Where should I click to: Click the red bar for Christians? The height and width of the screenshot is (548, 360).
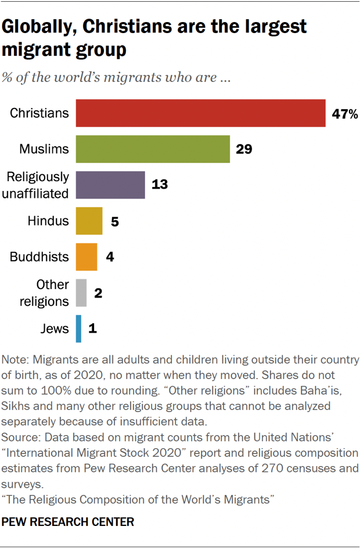pos(200,113)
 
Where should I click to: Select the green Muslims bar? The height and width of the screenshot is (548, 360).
pos(153,149)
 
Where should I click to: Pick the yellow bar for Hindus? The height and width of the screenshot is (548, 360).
pos(89,221)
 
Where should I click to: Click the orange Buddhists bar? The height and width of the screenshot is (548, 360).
pos(87,257)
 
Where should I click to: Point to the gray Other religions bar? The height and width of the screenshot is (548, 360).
pos(81,293)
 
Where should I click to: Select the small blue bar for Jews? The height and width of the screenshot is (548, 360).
pos(78,329)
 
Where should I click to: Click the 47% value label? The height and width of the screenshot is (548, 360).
pos(344,114)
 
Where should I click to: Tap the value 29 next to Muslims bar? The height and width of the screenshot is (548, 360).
pos(243,149)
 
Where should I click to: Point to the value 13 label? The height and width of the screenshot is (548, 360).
pos(159,185)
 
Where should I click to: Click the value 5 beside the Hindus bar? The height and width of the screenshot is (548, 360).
pos(114,221)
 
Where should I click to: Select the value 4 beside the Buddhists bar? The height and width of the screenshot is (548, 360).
pos(109,257)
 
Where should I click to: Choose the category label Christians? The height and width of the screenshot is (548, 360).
pos(39,113)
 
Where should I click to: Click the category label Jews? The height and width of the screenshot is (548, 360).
pos(55,329)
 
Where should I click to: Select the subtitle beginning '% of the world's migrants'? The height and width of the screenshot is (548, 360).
pos(116,78)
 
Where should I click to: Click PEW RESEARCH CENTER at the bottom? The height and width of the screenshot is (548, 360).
pos(68,522)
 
